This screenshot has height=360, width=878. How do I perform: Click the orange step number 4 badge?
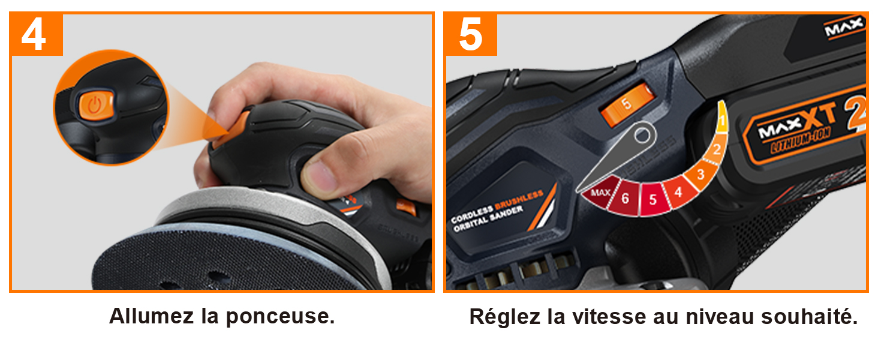36,34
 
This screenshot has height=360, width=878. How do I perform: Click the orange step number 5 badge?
470,34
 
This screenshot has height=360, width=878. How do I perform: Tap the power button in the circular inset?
95,104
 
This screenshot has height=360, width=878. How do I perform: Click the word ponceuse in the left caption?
281,317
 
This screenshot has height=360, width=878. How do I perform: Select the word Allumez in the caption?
151,316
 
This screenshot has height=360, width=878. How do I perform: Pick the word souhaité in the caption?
809,317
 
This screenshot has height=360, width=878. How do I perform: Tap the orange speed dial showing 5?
628,104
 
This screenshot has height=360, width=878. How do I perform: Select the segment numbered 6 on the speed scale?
625,199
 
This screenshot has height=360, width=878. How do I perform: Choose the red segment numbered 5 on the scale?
653,199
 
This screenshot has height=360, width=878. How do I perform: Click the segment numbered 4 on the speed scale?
679,192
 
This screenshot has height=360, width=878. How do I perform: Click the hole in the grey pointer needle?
642,136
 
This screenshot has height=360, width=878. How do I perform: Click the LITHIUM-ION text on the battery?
801,141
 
